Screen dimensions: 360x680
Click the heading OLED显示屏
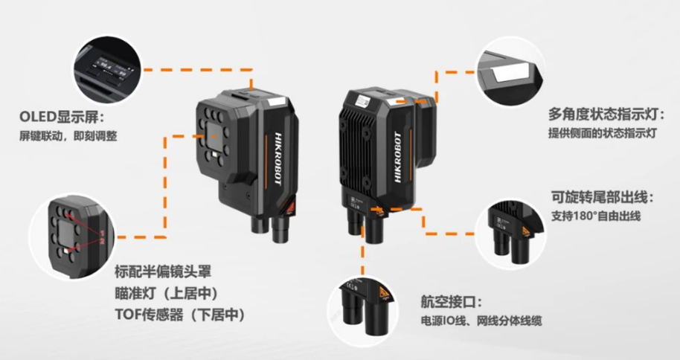pos(64,119)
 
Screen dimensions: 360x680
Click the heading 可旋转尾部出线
pos(602,198)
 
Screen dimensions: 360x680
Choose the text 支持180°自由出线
pos(596,216)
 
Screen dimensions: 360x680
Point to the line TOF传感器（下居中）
pos(179,315)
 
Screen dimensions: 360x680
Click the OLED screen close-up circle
pos(109,68)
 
